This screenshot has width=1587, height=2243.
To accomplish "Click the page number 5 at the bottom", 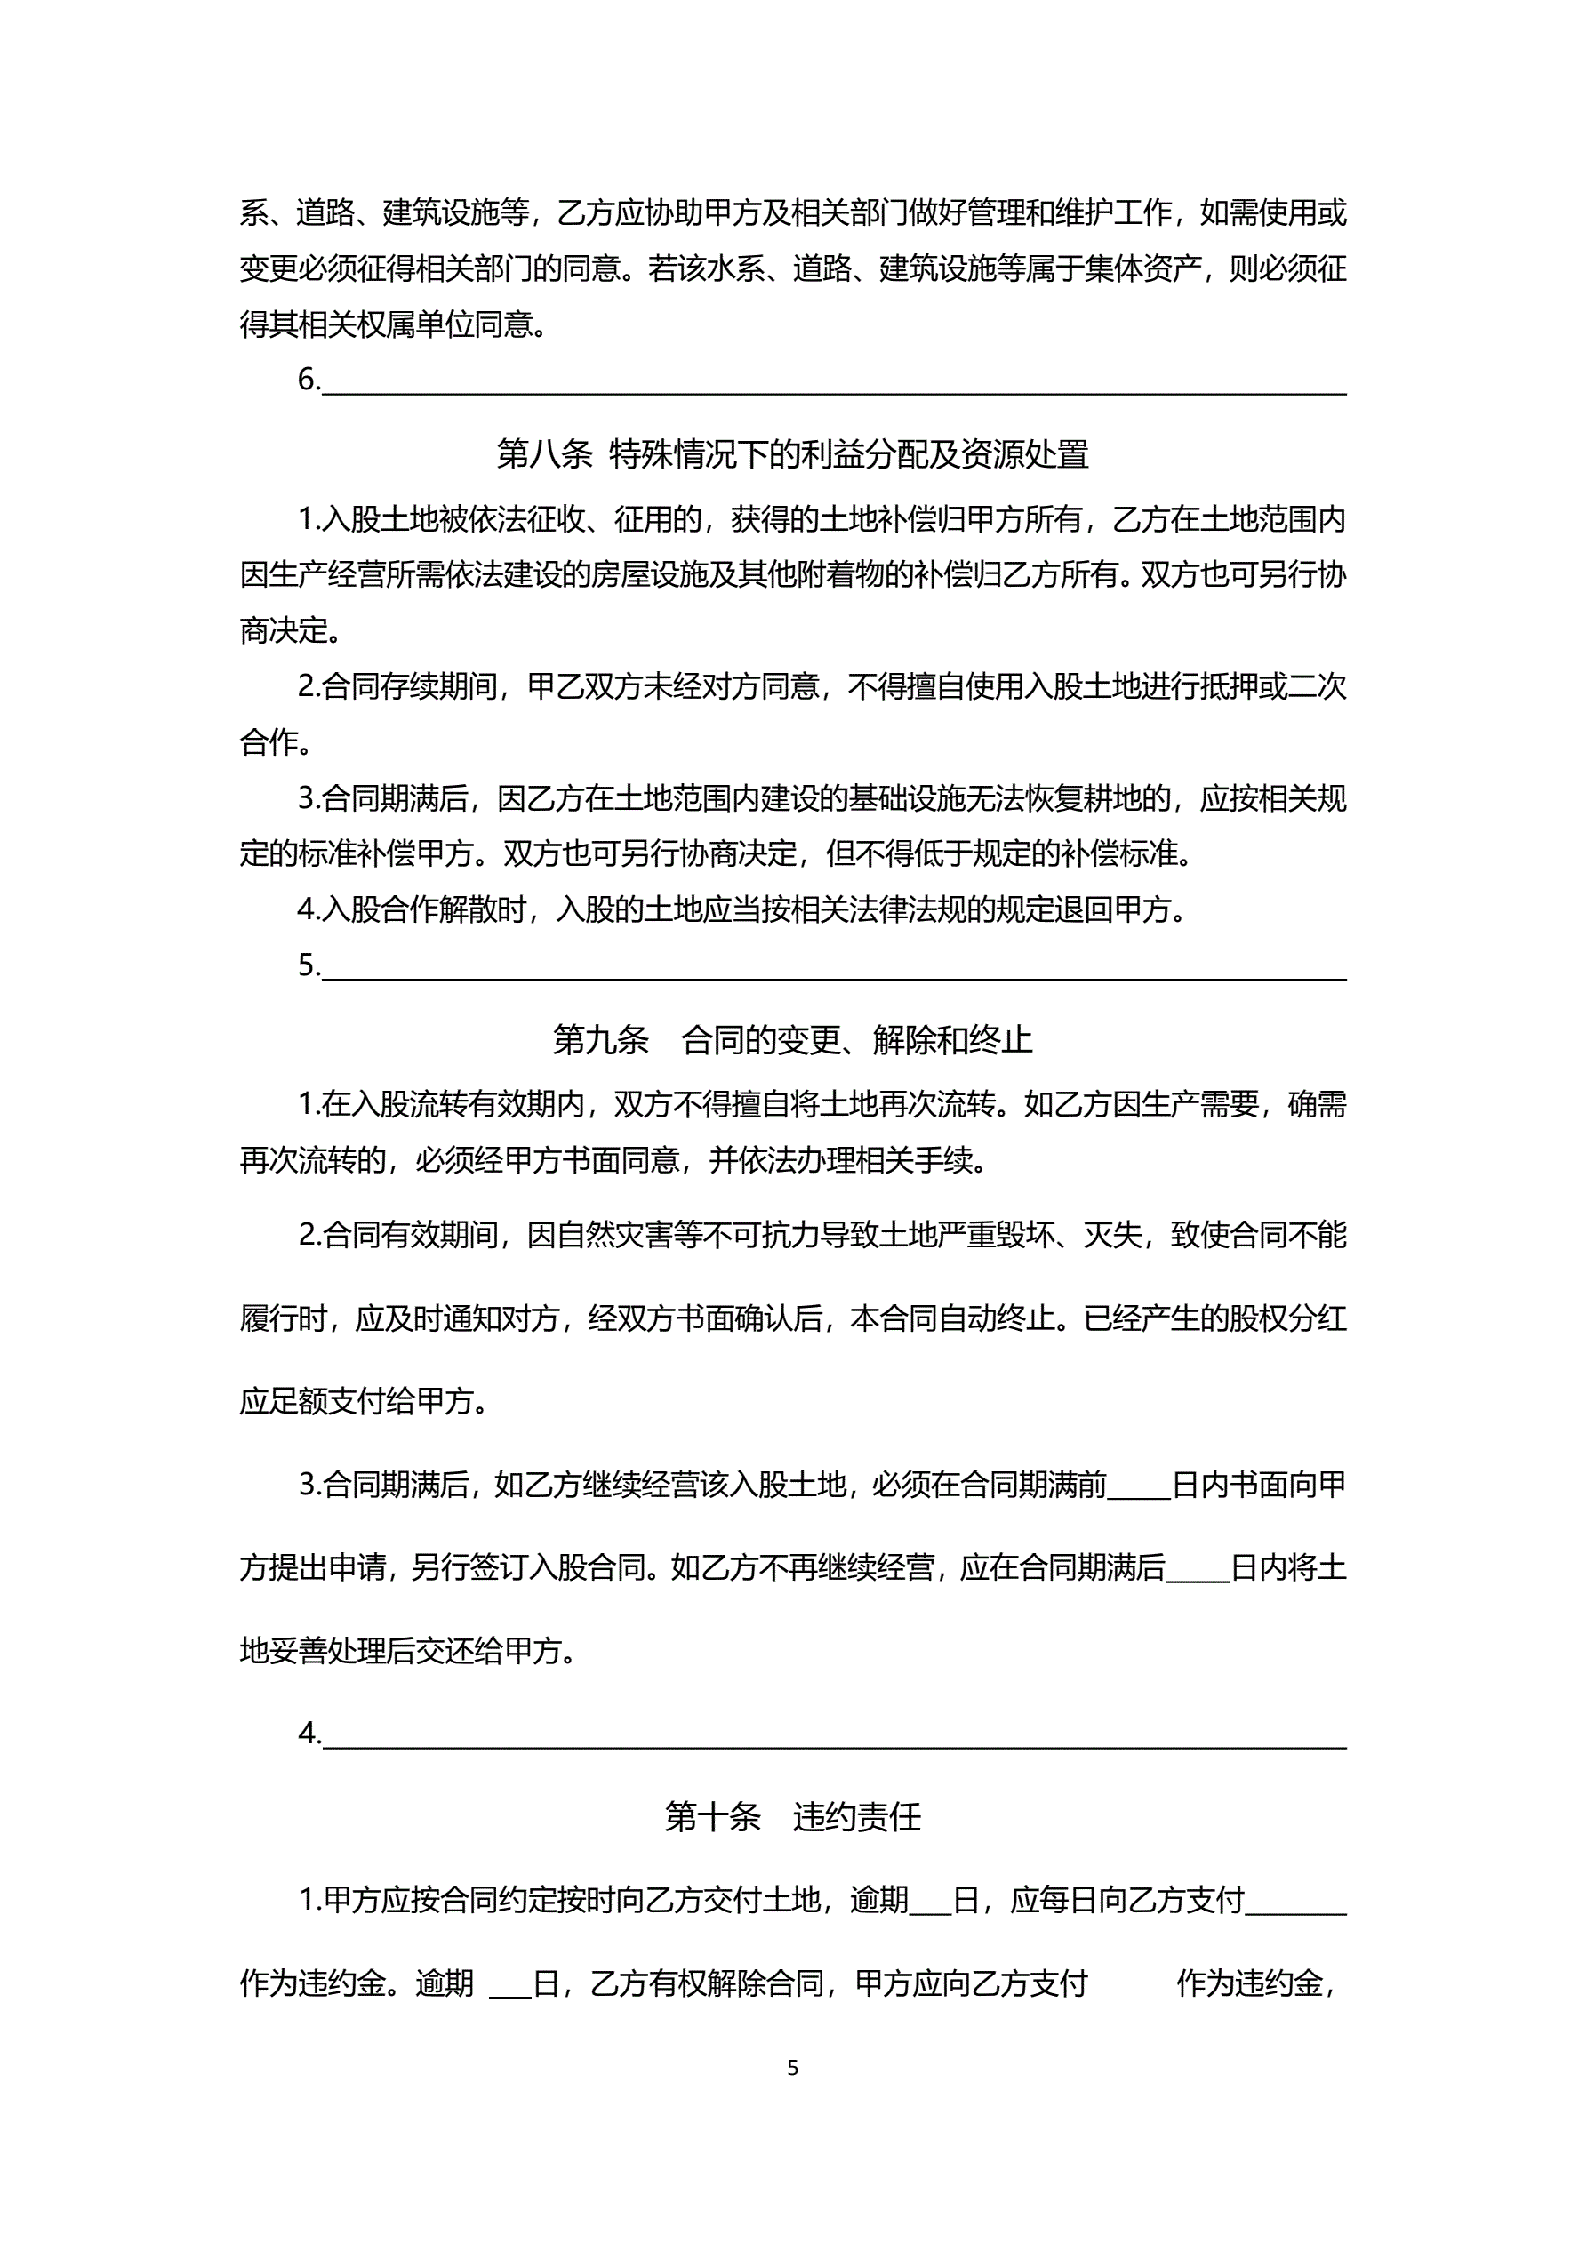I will click(x=792, y=2068).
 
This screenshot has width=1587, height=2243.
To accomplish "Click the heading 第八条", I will click(x=544, y=454).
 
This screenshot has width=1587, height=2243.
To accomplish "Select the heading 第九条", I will click(x=600, y=1039).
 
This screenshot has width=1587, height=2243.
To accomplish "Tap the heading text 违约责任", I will click(x=856, y=1816).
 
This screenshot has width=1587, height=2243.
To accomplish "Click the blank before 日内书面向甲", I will click(x=1138, y=1488).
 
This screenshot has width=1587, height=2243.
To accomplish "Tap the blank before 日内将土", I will click(x=1197, y=1571).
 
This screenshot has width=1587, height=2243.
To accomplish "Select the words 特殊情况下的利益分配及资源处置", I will click(x=848, y=454).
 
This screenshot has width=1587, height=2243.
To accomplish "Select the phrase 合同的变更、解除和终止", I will click(x=856, y=1039).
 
